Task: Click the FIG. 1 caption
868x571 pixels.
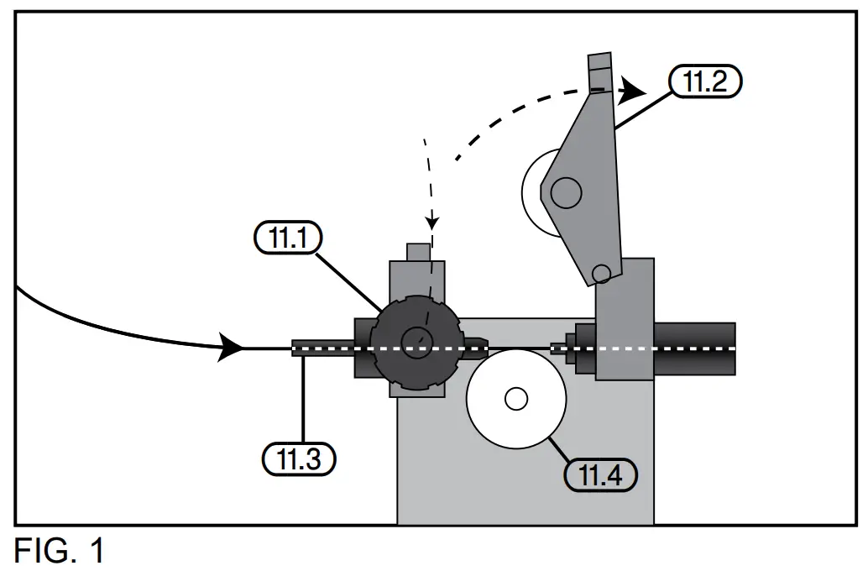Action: [59, 552]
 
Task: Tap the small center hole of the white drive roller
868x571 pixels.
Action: [516, 399]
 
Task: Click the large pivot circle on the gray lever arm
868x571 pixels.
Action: [567, 193]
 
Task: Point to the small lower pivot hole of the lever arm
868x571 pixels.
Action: [600, 273]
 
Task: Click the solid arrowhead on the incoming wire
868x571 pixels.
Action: [231, 347]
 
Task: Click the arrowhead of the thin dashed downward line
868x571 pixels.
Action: [431, 223]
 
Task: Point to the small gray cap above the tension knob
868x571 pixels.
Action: [417, 251]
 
